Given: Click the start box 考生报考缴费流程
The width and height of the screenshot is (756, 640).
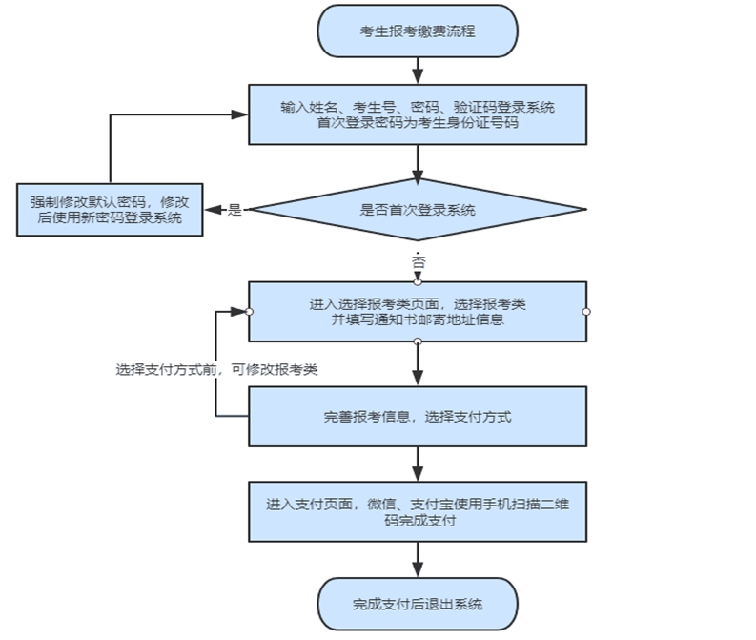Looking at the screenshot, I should coord(418,31).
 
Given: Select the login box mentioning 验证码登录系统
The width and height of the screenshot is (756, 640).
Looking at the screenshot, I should coord(418,114).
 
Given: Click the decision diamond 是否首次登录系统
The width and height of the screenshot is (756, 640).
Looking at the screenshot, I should coord(418,210).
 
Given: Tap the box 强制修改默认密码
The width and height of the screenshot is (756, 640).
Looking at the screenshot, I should coord(110,210).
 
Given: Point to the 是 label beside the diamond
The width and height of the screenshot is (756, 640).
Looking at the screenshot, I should coord(235,211).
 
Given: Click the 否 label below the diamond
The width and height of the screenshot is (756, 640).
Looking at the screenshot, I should coord(418,259).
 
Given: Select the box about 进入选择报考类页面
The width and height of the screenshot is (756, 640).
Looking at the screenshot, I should coord(418,311).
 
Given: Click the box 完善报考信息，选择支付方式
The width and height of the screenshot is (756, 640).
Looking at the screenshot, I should coord(418,417).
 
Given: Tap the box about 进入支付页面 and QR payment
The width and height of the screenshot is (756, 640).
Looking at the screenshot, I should coord(418,512).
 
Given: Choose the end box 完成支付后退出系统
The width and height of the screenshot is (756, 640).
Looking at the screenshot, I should coord(418,604).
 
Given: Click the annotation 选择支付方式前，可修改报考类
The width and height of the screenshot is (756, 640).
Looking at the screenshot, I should coord(216,370).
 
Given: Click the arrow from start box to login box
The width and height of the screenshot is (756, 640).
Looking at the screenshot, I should coord(418,71).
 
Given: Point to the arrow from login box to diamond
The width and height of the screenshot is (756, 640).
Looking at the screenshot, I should coord(418,161).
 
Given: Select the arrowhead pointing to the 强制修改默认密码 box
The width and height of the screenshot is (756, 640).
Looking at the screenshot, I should coord(212,210).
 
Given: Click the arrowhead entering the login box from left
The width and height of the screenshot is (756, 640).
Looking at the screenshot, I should coord(242,114).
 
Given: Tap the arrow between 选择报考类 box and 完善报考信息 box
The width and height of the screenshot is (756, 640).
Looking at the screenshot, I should coord(418,363).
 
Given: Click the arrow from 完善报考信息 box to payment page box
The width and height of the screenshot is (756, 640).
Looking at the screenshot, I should coord(418,465).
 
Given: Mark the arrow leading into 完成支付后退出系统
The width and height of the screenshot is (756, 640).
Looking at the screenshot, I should coord(418,560).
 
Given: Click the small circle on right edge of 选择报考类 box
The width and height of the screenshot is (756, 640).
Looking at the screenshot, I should coord(586,311).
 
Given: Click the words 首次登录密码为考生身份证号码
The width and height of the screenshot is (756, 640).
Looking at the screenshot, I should coord(418,124).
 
